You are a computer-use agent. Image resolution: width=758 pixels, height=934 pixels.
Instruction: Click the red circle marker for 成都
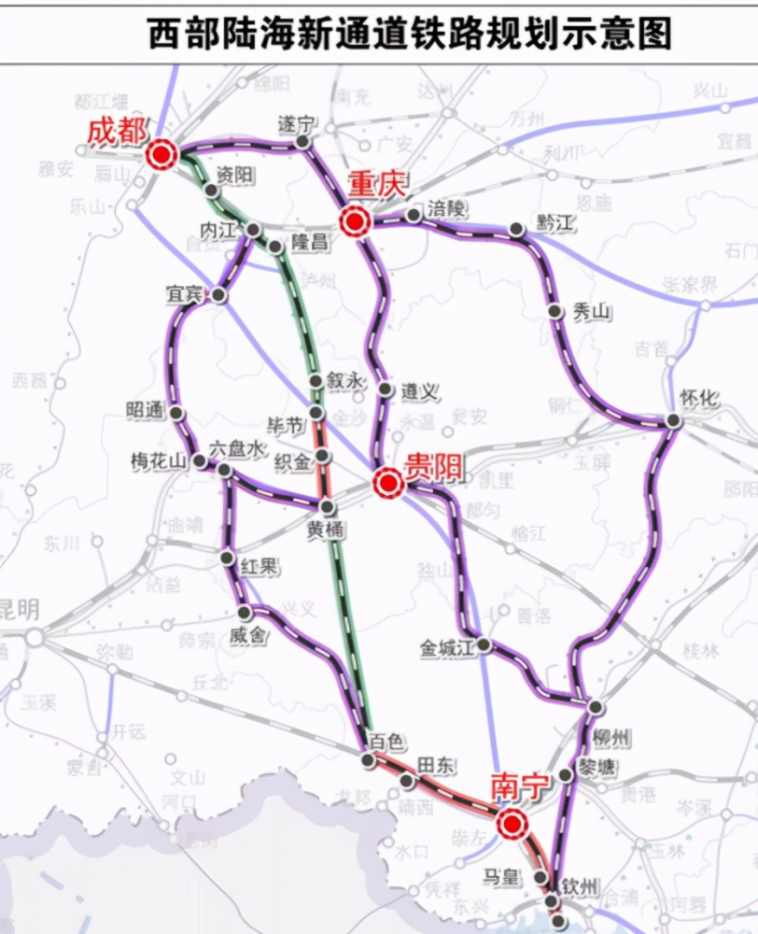pyautogui.click(x=162, y=155)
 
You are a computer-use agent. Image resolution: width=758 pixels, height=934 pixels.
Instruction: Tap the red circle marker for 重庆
pyautogui.click(x=355, y=221)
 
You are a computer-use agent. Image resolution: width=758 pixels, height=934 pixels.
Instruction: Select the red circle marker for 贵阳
pyautogui.click(x=387, y=483)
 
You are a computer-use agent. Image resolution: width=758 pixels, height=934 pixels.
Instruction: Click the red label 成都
pyautogui.click(x=117, y=131)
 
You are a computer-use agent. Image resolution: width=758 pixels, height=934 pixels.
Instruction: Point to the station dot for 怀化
pyautogui.click(x=673, y=421)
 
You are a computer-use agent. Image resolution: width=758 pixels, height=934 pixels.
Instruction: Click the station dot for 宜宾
pyautogui.click(x=218, y=295)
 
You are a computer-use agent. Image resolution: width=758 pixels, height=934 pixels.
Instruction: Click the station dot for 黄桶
pyautogui.click(x=327, y=506)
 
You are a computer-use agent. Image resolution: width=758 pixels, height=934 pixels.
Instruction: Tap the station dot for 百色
pyautogui.click(x=369, y=759)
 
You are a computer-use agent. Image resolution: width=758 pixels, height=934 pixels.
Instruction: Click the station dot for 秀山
pyautogui.click(x=555, y=311)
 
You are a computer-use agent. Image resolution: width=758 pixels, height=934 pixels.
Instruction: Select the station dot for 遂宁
pyautogui.click(x=302, y=142)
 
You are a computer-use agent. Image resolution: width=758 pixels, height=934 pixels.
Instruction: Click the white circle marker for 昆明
pyautogui.click(x=35, y=637)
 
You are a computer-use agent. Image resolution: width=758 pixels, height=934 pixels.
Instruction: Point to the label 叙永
pyautogui.click(x=342, y=380)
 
